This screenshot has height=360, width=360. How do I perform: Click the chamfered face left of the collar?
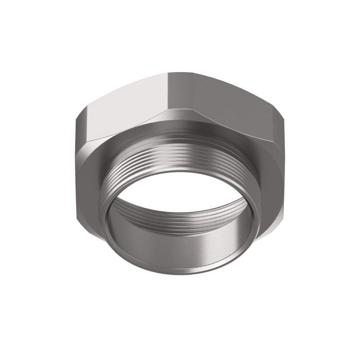[90, 180]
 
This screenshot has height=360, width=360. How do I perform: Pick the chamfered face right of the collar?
[270, 180]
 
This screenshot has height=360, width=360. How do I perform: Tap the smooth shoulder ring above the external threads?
[180, 135]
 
